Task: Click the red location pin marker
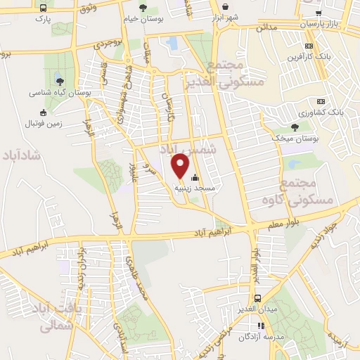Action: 181,166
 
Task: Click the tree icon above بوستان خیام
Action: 143,8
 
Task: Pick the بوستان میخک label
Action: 295,139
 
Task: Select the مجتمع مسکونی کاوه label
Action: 313,193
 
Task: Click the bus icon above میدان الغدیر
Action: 258,298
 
